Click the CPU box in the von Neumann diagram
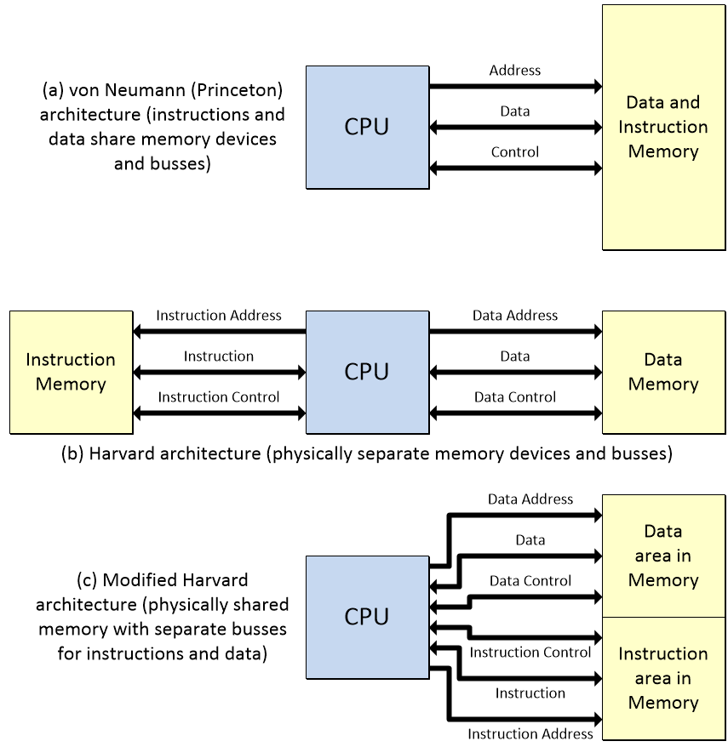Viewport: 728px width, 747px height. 367,127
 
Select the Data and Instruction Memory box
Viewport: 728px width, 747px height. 662,127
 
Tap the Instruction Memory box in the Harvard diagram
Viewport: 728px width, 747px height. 71,372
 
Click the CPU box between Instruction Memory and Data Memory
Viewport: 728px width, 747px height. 367,372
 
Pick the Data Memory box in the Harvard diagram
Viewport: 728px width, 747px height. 662,372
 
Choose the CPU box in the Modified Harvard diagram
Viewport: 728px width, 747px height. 367,617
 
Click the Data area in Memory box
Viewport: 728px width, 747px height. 662,556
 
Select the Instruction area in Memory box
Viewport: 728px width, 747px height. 662,678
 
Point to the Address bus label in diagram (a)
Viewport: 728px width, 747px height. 515,71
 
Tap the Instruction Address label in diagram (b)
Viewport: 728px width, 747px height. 219,316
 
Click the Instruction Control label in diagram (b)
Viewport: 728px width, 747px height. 219,397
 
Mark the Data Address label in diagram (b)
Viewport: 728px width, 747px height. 515,316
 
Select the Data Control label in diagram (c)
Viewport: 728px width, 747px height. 530,581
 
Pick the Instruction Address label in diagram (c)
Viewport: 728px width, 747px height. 530,734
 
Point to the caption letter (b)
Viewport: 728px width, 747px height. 72,453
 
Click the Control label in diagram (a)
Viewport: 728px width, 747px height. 515,152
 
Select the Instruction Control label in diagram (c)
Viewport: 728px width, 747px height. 530,653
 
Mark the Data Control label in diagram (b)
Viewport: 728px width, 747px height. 515,397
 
